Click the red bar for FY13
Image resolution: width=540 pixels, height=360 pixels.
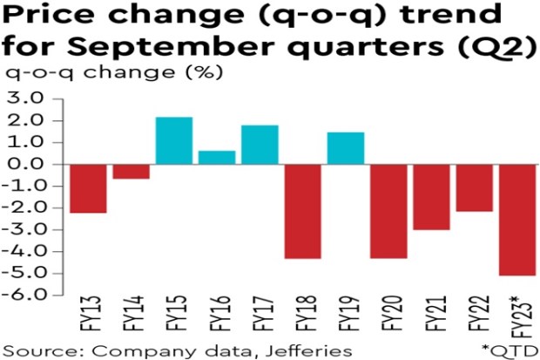[88, 188]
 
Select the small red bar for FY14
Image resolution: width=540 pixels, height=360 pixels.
[131, 171]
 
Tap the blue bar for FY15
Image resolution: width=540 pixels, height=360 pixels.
[173, 140]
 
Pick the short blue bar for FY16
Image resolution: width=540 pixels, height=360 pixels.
[216, 157]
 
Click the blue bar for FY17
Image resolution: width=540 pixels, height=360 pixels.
[260, 145]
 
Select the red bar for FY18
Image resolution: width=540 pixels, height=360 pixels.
[302, 211]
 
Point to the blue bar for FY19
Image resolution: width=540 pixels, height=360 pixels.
[345, 148]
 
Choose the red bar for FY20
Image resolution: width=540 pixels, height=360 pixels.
[388, 211]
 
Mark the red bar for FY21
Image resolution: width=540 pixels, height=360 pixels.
[431, 197]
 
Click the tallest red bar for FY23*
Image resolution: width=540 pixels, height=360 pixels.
[516, 220]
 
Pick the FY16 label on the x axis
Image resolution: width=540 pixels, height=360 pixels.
[217, 317]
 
